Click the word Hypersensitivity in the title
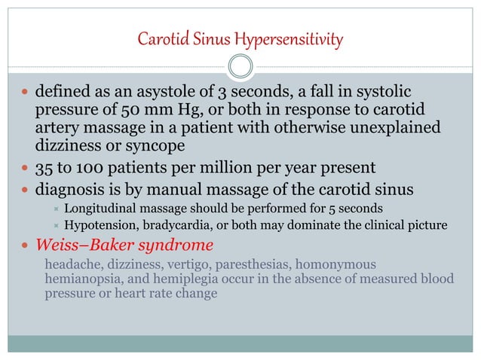tap(295, 38)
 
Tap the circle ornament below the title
tap(240, 66)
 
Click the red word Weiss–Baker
tap(74, 246)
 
